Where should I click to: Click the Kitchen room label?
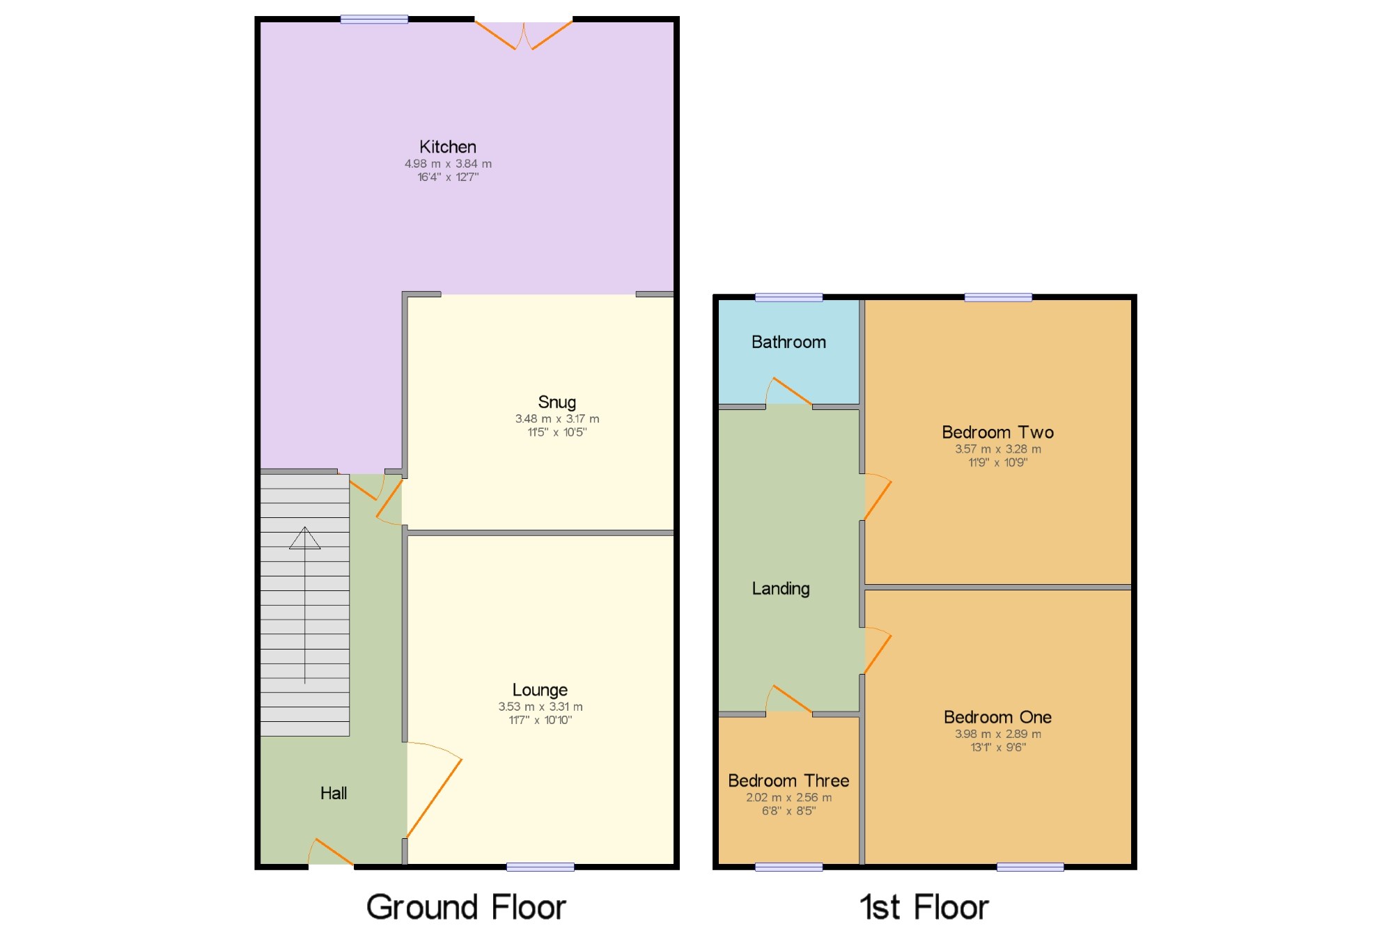(448, 147)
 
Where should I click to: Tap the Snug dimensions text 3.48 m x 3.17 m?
(557, 418)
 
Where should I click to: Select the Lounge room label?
(540, 690)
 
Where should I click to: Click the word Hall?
(334, 793)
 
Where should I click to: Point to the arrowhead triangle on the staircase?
(305, 538)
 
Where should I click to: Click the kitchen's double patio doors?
(524, 35)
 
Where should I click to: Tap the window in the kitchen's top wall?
(374, 19)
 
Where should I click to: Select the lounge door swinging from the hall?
(433, 794)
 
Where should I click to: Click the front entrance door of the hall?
(332, 853)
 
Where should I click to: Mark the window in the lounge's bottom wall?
(540, 867)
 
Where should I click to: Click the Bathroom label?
(788, 342)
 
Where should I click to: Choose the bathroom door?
(791, 392)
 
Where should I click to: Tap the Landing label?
(781, 588)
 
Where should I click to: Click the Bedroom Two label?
(997, 432)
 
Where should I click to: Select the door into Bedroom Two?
(877, 498)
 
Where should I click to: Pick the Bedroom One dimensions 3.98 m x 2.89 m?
(997, 734)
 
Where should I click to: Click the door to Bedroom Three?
(791, 700)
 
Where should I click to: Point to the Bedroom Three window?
(788, 867)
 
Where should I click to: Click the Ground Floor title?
(466, 906)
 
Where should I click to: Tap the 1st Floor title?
(924, 906)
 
